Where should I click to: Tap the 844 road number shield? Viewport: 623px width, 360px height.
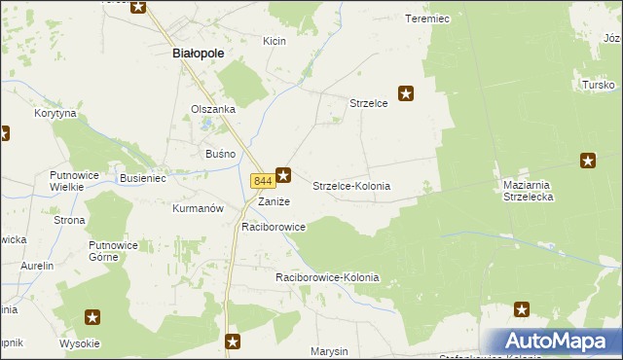coord(261,181)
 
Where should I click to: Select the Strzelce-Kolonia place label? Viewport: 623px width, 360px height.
coord(351,185)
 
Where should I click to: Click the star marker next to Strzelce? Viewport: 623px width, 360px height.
coord(407,93)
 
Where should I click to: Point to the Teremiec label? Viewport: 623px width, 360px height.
coord(426,18)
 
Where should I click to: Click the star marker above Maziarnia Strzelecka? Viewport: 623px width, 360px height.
coord(588,160)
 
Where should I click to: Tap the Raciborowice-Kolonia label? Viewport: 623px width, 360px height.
coord(326,277)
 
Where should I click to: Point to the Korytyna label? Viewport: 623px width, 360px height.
coord(55,114)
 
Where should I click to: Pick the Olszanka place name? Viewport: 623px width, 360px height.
coord(213,109)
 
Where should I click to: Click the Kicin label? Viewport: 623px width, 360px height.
coord(274,41)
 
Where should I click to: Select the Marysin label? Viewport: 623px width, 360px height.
coord(329,350)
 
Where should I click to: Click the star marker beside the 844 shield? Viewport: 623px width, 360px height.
coord(283,175)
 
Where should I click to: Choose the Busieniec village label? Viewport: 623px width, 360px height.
coord(144,179)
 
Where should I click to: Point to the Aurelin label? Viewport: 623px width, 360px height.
coord(37,266)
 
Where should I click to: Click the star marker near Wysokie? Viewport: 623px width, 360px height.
coord(92,316)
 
